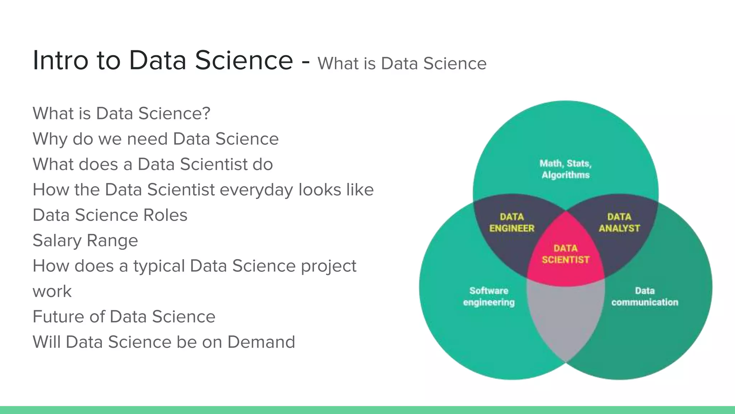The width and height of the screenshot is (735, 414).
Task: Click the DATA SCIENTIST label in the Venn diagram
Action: [x=566, y=254]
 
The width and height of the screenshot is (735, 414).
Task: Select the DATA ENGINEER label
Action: [x=512, y=222]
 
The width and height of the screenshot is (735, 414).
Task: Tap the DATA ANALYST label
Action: [x=619, y=222]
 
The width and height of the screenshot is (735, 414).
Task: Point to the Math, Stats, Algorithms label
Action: [x=566, y=169]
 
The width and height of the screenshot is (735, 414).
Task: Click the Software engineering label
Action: [x=489, y=296]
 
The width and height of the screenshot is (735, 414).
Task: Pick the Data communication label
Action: [x=645, y=296]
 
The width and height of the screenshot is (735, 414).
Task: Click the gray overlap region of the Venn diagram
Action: [x=566, y=320]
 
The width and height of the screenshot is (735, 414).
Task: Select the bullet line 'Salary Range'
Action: [x=85, y=240]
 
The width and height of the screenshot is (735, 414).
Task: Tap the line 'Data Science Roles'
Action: [x=110, y=215]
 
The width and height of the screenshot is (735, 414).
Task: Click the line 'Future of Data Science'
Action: [x=124, y=317]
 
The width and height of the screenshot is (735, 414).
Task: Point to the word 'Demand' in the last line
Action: [x=261, y=342]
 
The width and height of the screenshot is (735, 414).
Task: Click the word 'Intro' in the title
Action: [x=60, y=60]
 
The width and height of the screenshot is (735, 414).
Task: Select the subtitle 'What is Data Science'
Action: [x=402, y=64]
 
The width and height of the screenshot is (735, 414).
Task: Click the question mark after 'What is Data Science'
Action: [x=206, y=114]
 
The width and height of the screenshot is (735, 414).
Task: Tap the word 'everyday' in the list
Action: [x=256, y=190]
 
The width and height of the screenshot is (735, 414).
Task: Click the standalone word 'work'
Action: [x=52, y=291]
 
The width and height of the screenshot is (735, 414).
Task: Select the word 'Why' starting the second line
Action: [x=50, y=139]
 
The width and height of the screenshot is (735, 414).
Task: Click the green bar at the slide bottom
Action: [x=367, y=410]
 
